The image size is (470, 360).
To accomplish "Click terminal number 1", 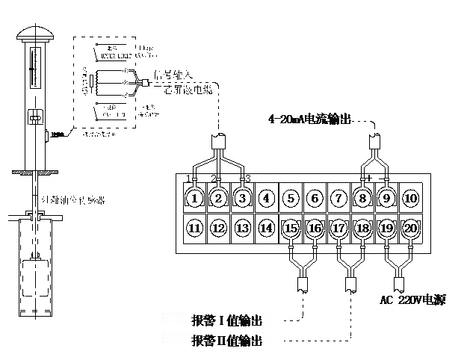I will point(194,199).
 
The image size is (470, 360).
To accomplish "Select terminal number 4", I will point(266,199).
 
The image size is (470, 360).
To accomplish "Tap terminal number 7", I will point(338,199).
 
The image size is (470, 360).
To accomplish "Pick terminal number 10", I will point(410,199).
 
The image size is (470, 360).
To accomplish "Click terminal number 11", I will point(194,228).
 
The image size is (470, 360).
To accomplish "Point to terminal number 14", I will point(266,228).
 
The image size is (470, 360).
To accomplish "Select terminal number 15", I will point(291,228).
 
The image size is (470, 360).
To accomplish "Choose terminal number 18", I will point(362,228).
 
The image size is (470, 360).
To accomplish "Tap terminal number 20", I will point(410,228).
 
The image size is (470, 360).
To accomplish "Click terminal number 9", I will point(386,199).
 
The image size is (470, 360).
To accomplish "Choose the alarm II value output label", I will point(227,341).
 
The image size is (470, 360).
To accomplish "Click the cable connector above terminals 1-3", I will point(218,140).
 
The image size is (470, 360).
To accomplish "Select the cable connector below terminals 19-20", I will point(400,285).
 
